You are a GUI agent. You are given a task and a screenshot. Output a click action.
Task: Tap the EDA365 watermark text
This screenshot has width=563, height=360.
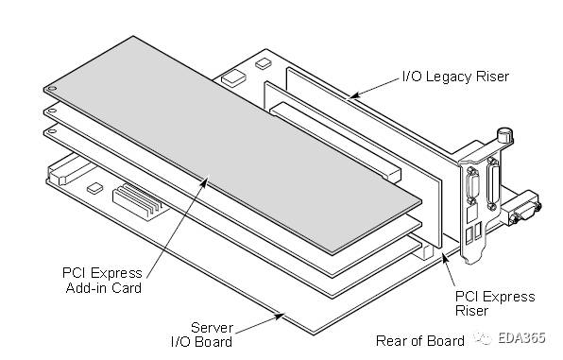click(523, 339)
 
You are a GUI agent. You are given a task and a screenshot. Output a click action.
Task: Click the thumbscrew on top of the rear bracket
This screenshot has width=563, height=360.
click(506, 138)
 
